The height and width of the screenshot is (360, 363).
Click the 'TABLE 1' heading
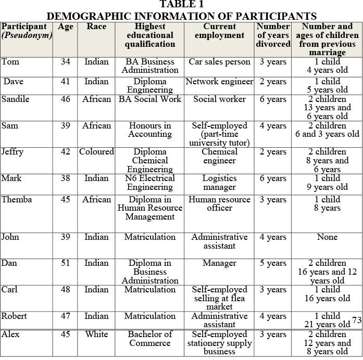tap(181, 5)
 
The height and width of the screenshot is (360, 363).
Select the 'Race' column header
tap(96, 27)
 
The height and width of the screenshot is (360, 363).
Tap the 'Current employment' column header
tap(219, 31)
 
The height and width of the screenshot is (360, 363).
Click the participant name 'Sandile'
tap(16, 99)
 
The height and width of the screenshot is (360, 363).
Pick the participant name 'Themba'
tap(16, 200)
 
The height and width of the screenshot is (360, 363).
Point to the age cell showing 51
tap(65, 263)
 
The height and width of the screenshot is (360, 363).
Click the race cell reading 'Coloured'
tap(96, 152)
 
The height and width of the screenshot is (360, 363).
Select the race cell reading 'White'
tap(96, 334)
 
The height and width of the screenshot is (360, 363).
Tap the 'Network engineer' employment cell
tap(219, 82)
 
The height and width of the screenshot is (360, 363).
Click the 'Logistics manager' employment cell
tap(219, 183)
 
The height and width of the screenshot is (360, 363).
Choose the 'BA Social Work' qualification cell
tap(150, 99)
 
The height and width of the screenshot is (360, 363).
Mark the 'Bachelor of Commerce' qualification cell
tap(150, 338)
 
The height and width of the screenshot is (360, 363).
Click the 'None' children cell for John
tap(327, 237)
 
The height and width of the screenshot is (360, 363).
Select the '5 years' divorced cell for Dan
tap(273, 263)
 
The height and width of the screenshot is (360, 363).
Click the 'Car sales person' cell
tap(219, 62)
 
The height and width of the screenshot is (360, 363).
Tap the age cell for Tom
tap(65, 62)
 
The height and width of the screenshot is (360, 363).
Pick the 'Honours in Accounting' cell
tap(150, 130)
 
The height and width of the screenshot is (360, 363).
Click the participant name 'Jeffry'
tap(12, 152)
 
